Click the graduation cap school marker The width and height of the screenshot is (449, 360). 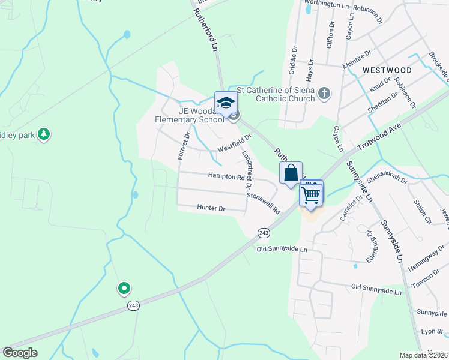point(226,103)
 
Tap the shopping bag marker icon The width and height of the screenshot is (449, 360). point(291,173)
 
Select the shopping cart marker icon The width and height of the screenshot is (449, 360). point(311,194)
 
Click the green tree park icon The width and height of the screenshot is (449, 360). point(43,134)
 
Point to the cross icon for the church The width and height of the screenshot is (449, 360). point(324,94)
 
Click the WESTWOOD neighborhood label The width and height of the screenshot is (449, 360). point(387,70)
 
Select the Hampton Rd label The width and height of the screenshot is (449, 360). point(226,176)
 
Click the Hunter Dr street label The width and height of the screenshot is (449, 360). point(211,208)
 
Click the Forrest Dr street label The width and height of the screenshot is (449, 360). point(183,146)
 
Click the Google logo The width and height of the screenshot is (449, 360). point(20,353)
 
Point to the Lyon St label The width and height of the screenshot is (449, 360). point(431,331)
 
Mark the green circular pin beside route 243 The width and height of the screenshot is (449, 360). point(124,289)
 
